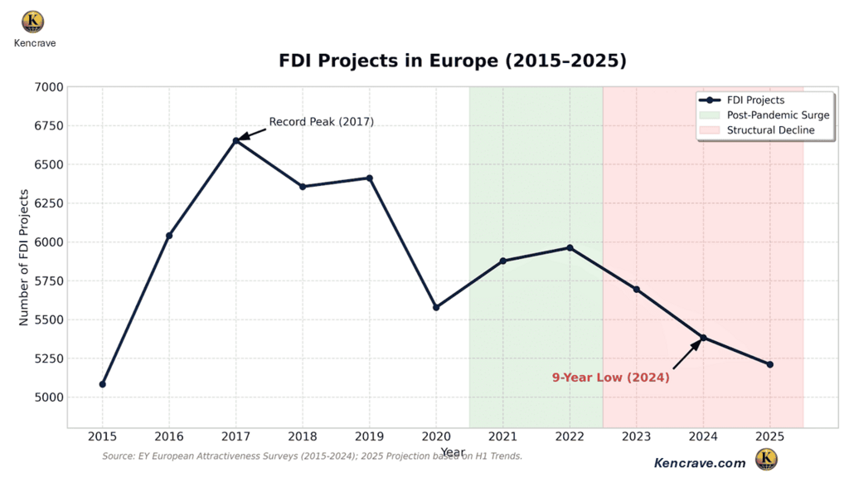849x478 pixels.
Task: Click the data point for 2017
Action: click(236, 141)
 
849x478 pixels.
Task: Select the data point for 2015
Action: click(103, 384)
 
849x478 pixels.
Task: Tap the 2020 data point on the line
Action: click(436, 307)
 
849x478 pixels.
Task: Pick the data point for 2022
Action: click(570, 247)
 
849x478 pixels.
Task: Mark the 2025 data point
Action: click(770, 364)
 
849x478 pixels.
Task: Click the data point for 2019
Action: click(370, 178)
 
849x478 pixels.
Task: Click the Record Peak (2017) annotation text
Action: click(321, 122)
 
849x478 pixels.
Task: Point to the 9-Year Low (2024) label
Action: click(611, 378)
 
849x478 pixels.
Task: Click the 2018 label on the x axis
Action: click(303, 436)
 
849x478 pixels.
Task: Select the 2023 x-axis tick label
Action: click(637, 436)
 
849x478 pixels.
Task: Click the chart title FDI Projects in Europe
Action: click(452, 61)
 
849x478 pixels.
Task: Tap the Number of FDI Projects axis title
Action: click(24, 257)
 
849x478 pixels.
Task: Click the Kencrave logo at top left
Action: click(34, 22)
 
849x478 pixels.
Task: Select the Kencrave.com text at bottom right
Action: click(700, 463)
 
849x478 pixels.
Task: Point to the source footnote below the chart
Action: click(312, 456)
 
